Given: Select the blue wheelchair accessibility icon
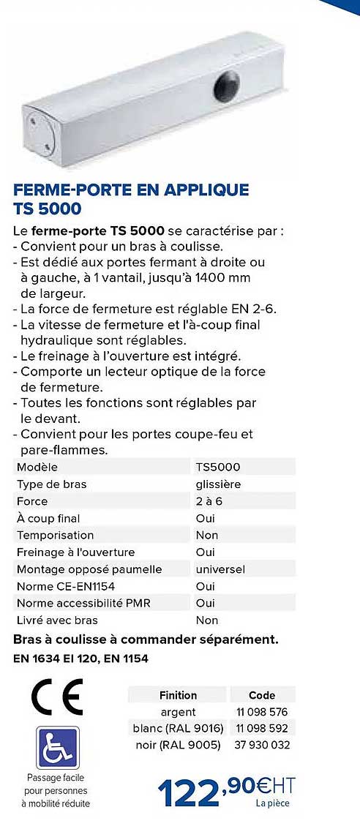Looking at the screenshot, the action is [56, 748].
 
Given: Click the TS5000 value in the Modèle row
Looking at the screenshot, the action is [218, 467].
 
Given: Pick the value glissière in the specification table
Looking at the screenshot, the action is [218, 484].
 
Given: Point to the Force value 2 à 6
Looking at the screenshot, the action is [209, 501].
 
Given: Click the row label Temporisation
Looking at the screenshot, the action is [55, 535].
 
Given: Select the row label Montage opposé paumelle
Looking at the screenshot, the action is [89, 569].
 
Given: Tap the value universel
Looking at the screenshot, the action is [220, 569].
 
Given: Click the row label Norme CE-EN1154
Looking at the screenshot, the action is [66, 586].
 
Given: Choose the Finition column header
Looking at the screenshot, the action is [178, 695].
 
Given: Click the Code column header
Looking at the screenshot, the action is [262, 695].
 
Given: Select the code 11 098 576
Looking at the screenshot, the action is [262, 712].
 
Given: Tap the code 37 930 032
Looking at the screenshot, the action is [263, 745].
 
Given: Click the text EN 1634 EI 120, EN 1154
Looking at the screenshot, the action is [80, 659].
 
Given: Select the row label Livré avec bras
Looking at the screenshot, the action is [57, 620].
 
